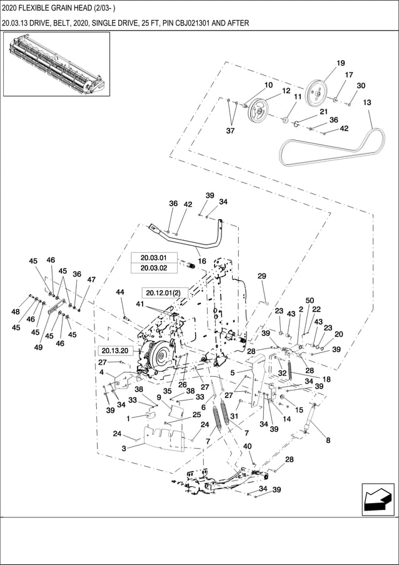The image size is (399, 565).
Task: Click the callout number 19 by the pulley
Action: (x=341, y=63)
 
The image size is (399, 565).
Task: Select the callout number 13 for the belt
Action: (x=366, y=103)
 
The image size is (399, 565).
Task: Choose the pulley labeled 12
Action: (x=257, y=112)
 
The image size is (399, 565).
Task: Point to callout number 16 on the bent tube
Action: (x=201, y=261)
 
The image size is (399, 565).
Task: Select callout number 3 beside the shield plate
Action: (x=124, y=448)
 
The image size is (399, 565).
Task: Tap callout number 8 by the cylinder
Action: (x=328, y=440)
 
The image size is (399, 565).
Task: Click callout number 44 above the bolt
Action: (x=119, y=292)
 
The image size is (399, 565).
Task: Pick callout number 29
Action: (x=262, y=276)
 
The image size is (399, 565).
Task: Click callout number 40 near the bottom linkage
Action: (x=247, y=446)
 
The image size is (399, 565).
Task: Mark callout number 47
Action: (x=91, y=280)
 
